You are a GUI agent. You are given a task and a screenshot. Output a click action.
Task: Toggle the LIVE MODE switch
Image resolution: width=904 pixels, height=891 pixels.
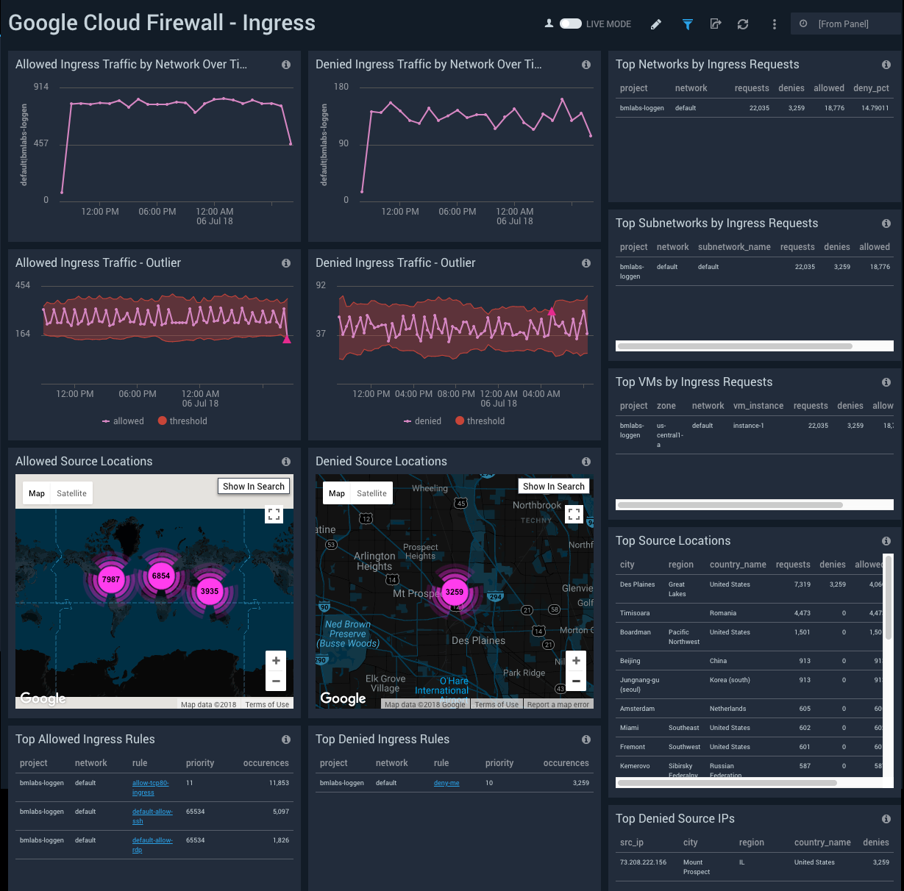[x=571, y=24]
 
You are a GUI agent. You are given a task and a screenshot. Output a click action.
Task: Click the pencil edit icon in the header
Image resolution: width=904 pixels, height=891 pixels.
[x=656, y=24]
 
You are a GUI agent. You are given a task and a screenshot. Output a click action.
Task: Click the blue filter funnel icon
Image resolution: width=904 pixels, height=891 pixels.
[x=687, y=24]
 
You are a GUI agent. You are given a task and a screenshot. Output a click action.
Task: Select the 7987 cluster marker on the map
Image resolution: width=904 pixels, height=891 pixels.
[x=111, y=579]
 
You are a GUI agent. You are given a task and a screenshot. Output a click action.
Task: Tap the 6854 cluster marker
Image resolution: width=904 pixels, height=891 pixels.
[x=160, y=576]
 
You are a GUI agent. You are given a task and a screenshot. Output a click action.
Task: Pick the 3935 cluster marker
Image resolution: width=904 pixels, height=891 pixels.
[x=210, y=590]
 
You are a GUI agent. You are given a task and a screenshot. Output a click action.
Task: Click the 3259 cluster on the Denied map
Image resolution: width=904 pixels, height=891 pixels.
[x=455, y=592]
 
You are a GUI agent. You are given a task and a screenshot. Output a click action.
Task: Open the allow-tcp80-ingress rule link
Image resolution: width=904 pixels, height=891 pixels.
[x=150, y=787]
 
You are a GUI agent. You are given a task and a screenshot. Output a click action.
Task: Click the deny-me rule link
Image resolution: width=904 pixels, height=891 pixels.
[x=446, y=783]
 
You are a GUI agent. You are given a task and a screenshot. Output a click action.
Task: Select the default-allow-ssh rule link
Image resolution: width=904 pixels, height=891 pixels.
[x=152, y=816]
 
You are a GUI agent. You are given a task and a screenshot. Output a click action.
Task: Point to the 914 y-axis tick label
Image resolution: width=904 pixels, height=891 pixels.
[x=41, y=87]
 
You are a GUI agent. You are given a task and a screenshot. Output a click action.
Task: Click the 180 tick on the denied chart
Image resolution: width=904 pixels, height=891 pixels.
[x=341, y=87]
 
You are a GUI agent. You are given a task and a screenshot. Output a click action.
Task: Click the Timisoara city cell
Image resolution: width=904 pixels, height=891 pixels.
[x=635, y=613]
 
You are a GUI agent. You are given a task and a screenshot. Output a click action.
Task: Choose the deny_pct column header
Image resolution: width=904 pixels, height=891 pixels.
[x=871, y=88]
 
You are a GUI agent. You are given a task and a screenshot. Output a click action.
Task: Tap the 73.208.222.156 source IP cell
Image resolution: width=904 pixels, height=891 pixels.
[x=643, y=862]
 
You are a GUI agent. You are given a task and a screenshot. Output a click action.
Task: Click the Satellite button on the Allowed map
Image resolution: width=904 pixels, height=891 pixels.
[x=71, y=493]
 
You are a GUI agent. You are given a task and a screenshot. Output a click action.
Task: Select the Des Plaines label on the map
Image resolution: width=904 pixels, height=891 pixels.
[x=478, y=640]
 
